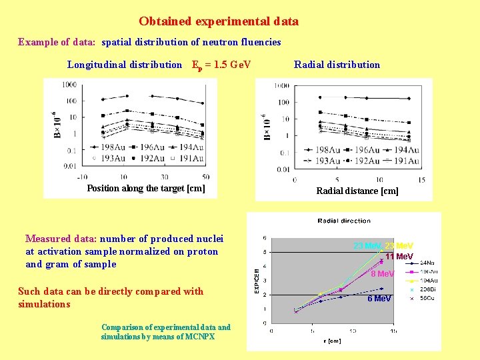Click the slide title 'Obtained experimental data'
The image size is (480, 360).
tap(219, 21)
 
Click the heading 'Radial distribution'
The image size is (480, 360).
tap(337, 65)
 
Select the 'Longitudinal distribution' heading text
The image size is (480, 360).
tap(125, 65)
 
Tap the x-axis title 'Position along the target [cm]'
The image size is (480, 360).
tap(146, 188)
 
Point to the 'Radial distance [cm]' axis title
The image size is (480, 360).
tap(357, 191)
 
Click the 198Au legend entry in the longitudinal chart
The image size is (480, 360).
tap(107, 147)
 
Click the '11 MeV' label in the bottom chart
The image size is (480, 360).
tap(399, 257)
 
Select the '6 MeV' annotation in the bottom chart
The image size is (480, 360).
tap(379, 299)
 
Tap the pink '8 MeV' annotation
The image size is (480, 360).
tap(383, 274)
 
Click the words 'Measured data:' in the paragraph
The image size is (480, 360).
tap(61, 239)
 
